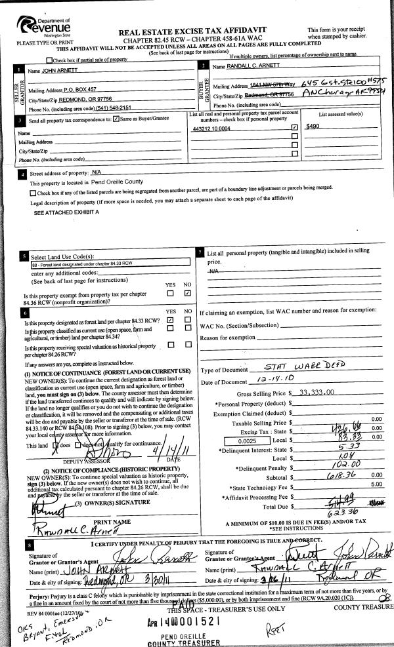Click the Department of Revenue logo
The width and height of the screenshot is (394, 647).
[41, 27]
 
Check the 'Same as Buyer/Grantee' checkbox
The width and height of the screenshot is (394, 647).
[116, 119]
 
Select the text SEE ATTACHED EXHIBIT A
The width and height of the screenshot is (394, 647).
[66, 213]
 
